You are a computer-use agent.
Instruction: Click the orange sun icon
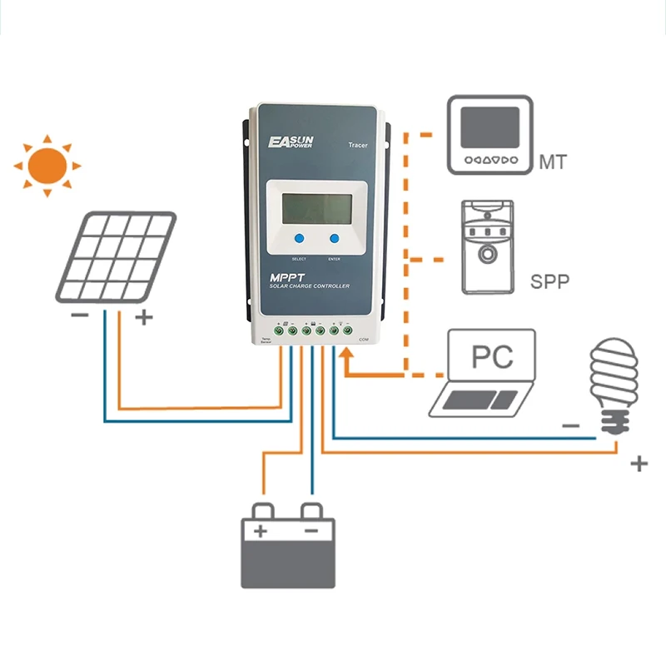[x=47, y=164]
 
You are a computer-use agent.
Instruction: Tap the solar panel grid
[x=117, y=258]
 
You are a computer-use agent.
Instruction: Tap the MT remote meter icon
[x=490, y=135]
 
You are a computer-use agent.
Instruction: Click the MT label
[x=553, y=162]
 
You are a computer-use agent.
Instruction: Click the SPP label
[x=550, y=281]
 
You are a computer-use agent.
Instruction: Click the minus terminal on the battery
[x=311, y=530]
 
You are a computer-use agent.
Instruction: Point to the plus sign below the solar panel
[x=143, y=317]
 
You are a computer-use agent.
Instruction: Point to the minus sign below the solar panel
[x=81, y=316]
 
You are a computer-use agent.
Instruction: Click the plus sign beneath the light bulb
[x=639, y=464]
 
